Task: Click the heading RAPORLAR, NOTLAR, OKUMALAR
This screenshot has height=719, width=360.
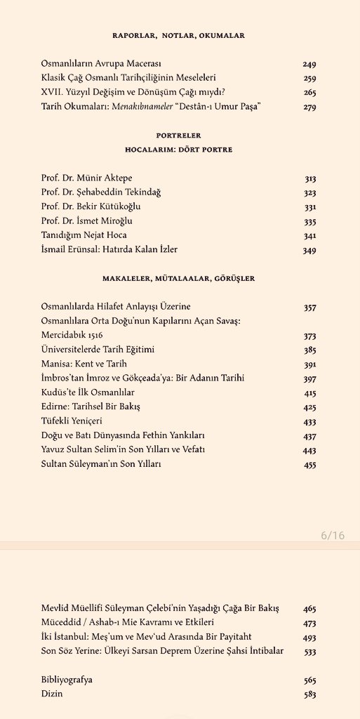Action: [178, 35]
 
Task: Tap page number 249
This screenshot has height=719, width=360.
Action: [309, 64]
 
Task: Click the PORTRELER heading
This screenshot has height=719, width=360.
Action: [178, 135]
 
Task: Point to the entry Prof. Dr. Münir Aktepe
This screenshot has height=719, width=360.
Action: [86, 178]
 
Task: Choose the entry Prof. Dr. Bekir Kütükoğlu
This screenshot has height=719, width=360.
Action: [92, 206]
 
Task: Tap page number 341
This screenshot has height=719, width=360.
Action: [309, 235]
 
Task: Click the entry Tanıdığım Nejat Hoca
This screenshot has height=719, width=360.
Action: [84, 235]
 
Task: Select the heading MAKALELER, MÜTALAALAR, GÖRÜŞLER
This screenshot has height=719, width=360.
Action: [178, 279]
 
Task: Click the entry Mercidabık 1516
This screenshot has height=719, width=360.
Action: [72, 335]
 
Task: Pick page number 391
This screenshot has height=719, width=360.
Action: [309, 364]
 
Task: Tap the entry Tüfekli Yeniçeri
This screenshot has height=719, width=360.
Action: [72, 421]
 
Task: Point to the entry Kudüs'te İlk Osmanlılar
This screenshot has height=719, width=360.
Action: [88, 392]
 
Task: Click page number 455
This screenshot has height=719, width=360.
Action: [309, 464]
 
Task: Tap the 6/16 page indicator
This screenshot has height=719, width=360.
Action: [333, 535]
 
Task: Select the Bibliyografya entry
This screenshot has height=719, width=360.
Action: [67, 680]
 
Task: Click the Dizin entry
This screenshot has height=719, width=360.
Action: [52, 694]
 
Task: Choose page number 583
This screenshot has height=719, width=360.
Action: [309, 694]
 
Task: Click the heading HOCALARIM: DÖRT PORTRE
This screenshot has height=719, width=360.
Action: [178, 150]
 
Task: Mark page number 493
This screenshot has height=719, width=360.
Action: [309, 637]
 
